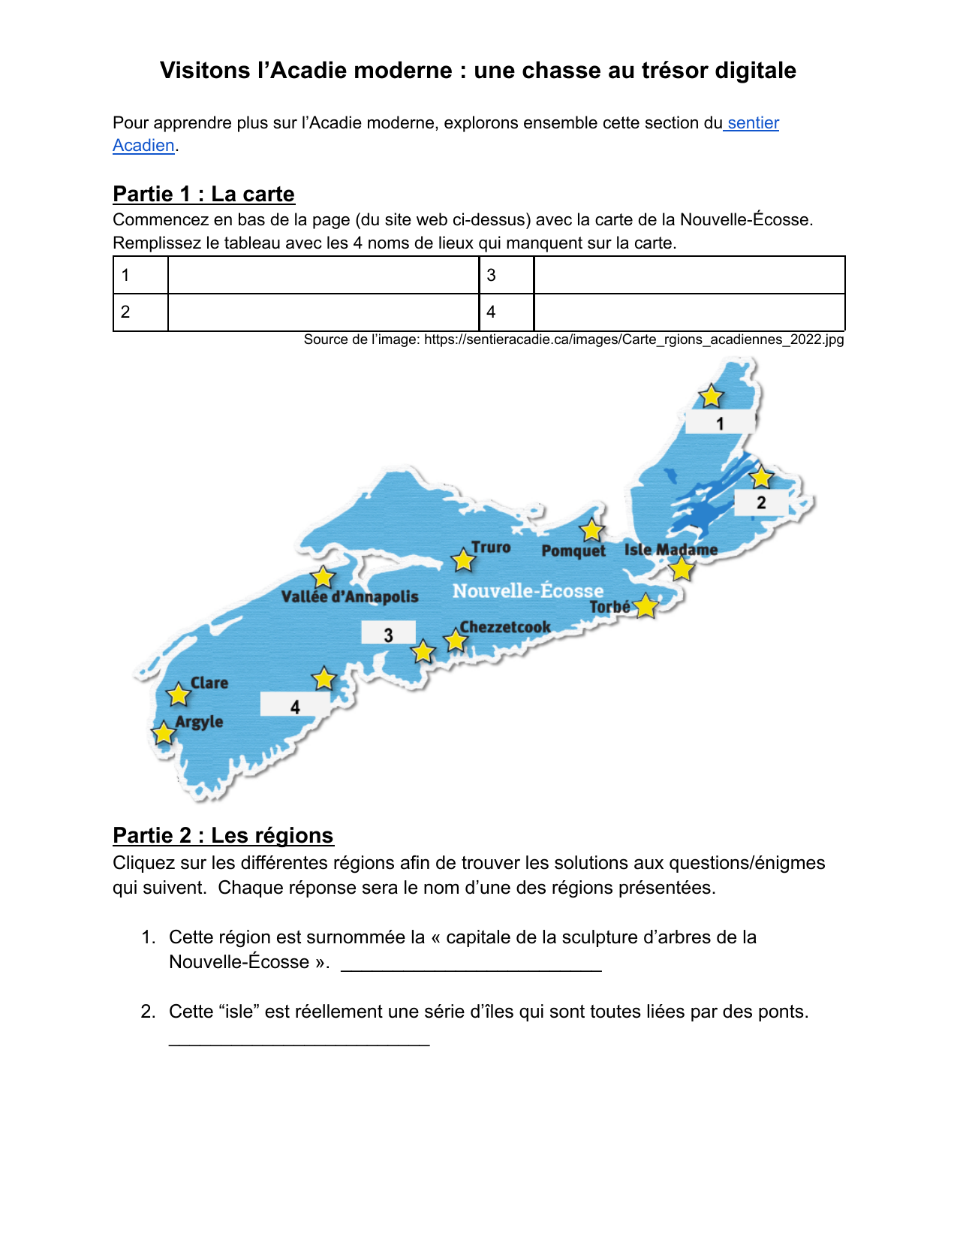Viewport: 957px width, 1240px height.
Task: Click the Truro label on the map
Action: click(491, 548)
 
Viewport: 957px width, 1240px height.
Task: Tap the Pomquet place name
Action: click(573, 551)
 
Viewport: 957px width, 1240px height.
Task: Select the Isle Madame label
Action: click(671, 550)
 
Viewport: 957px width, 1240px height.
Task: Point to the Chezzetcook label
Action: click(505, 627)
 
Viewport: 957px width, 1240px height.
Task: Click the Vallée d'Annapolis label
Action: click(350, 597)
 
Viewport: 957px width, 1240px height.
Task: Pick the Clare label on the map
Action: click(209, 683)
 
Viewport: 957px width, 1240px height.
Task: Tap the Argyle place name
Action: click(199, 723)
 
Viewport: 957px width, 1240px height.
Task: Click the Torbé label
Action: click(609, 607)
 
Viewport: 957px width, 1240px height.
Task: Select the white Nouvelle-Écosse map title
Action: click(528, 591)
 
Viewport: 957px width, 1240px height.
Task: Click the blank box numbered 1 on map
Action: click(719, 422)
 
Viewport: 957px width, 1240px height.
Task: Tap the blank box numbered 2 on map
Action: click(760, 502)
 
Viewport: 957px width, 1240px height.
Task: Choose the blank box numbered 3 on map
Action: click(388, 633)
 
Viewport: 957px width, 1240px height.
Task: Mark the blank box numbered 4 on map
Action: click(294, 705)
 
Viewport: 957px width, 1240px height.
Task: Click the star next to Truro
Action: click(463, 560)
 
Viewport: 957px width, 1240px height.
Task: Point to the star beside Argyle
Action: click(164, 732)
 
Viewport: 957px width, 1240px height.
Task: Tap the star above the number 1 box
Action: click(711, 396)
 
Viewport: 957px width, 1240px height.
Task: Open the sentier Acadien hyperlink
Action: click(753, 123)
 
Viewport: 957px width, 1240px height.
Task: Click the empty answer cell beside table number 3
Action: click(689, 275)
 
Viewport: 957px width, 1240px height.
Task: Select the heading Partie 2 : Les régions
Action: click(223, 836)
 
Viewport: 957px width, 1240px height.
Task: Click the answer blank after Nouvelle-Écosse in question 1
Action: click(471, 964)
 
